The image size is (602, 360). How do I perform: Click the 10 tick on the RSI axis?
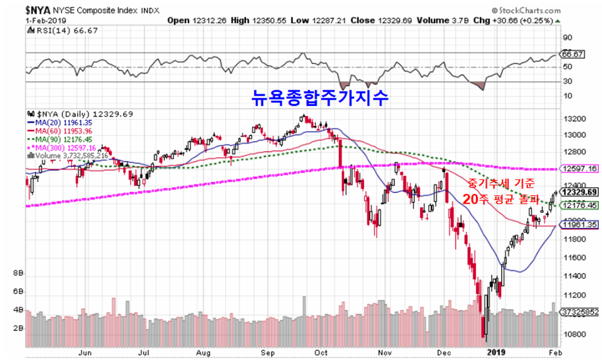(566, 96)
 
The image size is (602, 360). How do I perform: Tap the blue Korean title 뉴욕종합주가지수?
(320, 97)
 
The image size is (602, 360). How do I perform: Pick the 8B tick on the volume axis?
(18, 272)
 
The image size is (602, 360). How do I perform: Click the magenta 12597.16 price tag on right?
(580, 169)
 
